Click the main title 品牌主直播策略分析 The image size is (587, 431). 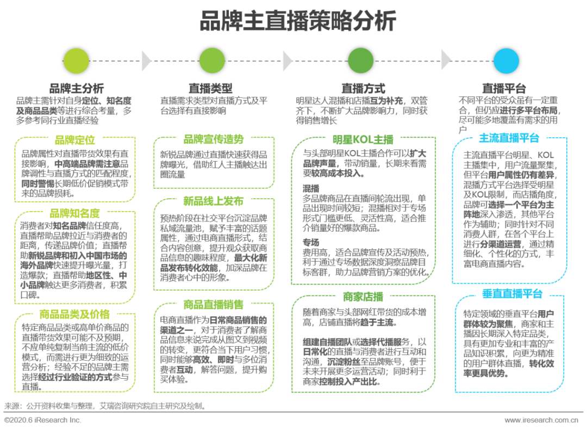pyautogui.click(x=298, y=21)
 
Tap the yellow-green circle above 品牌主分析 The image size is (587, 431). pyautogui.click(x=77, y=61)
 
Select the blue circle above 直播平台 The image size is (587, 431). pyautogui.click(x=506, y=61)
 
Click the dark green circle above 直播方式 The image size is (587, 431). pyautogui.click(x=361, y=61)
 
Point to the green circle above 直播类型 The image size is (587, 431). pyautogui.click(x=212, y=61)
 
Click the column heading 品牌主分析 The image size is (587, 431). pyautogui.click(x=77, y=89)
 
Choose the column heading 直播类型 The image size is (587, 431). pyautogui.click(x=210, y=89)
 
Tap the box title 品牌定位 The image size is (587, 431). pyautogui.click(x=75, y=140)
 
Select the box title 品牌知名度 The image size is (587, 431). pyautogui.click(x=75, y=213)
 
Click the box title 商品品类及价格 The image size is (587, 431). pyautogui.click(x=75, y=314)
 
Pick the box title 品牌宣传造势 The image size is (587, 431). pyautogui.click(x=214, y=139)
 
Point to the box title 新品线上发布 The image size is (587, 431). pyautogui.click(x=214, y=201)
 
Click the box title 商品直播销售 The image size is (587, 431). pyautogui.click(x=214, y=304)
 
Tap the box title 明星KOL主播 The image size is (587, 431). pyautogui.click(x=363, y=140)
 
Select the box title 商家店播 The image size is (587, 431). pyautogui.click(x=363, y=297)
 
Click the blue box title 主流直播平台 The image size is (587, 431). pyautogui.click(x=509, y=138)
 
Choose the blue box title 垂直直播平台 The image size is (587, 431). pyautogui.click(x=512, y=294)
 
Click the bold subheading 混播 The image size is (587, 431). pyautogui.click(x=311, y=188)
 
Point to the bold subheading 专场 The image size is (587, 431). pyautogui.click(x=311, y=242)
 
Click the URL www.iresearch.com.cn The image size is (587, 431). pyautogui.click(x=541, y=420)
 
